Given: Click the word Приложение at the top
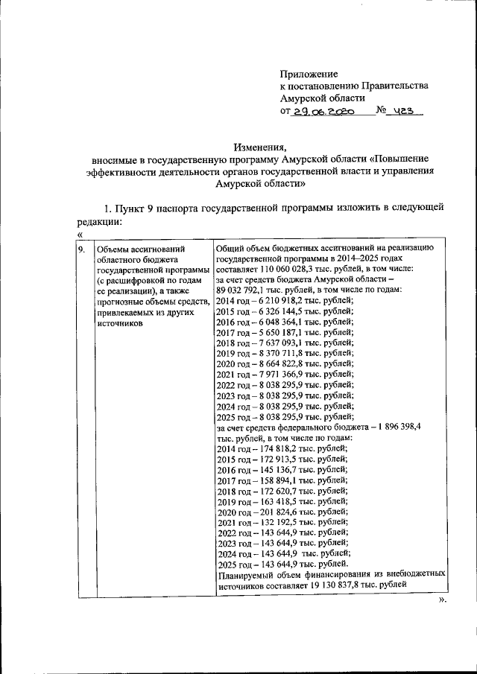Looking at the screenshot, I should (x=309, y=74).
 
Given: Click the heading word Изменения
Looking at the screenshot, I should (x=259, y=147).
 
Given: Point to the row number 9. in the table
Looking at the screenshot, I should (x=83, y=248).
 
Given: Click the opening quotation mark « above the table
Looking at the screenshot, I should (x=79, y=235).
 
